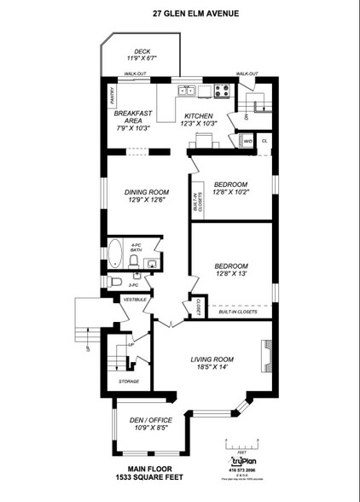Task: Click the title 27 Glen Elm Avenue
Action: [x=180, y=14]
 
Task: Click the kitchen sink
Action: [x=186, y=90]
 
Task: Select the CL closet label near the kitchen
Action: [x=264, y=140]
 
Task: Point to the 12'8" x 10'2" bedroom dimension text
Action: [x=231, y=192]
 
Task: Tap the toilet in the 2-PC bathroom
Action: [x=118, y=281]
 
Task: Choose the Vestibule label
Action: [x=136, y=300]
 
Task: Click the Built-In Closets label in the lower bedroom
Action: [x=240, y=312]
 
